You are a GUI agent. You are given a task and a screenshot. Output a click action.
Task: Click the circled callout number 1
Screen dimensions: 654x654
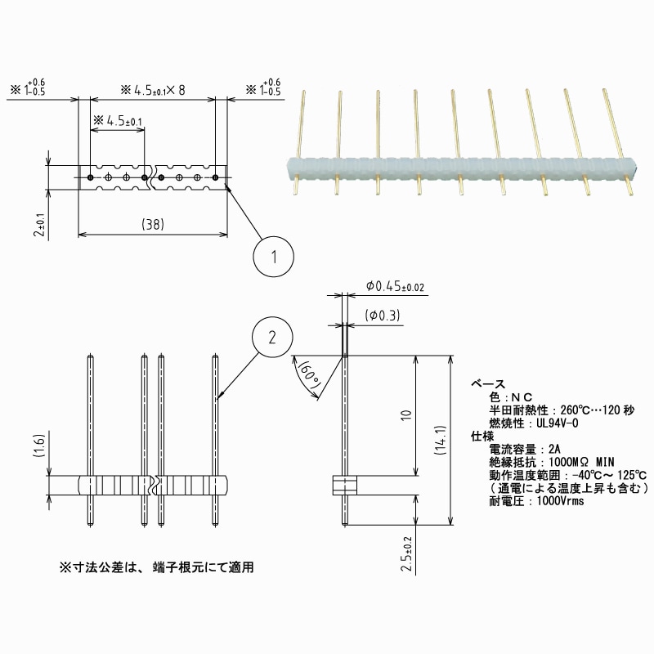point(275,257)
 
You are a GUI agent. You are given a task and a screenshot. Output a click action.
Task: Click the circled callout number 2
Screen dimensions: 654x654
point(274,337)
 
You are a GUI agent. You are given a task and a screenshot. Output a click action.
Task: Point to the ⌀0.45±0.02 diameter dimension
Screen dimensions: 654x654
point(396,286)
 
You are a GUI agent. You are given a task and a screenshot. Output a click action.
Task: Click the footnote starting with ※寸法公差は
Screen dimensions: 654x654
point(161,567)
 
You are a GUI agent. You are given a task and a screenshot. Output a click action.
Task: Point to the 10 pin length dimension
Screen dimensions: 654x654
point(405,416)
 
